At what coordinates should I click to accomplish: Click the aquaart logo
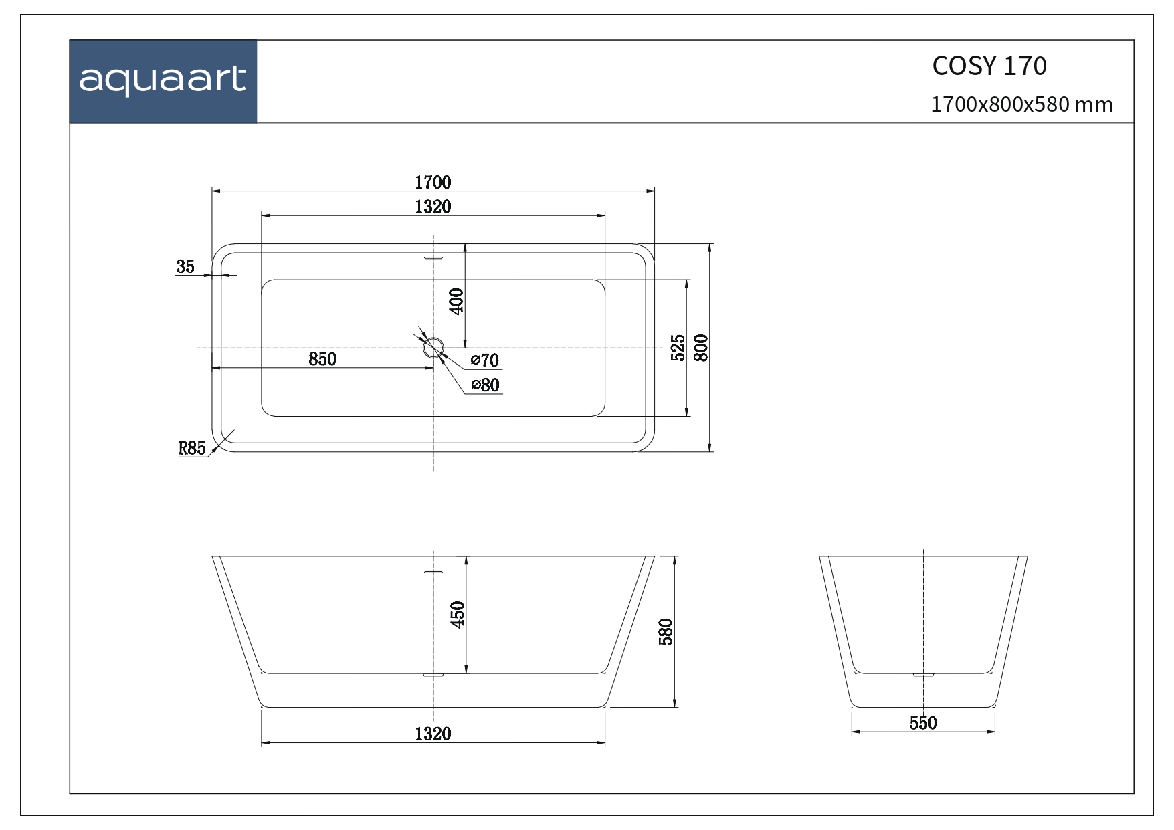[x=163, y=82]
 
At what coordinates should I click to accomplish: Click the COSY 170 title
[x=989, y=66]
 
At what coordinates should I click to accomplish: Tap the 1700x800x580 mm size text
[x=1021, y=105]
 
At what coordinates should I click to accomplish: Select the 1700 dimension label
[x=433, y=182]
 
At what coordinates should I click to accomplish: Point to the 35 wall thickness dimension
[x=185, y=267]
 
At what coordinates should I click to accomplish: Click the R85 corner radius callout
[x=192, y=448]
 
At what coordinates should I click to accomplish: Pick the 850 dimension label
[x=322, y=359]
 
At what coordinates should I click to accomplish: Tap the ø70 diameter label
[x=485, y=360]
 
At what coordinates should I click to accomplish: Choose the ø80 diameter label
[x=486, y=385]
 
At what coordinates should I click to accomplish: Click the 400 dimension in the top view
[x=456, y=302]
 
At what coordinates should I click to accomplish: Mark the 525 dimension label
[x=678, y=348]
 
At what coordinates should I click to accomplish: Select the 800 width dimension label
[x=701, y=348]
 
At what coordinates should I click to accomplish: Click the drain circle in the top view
[x=433, y=348]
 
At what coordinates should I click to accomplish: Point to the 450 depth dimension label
[x=458, y=615]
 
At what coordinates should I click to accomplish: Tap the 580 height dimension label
[x=666, y=631]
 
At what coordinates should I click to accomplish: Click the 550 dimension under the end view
[x=923, y=723]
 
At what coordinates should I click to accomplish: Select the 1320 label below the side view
[x=433, y=734]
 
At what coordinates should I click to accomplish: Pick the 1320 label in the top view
[x=433, y=207]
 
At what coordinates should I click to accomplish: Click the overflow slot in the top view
[x=433, y=257]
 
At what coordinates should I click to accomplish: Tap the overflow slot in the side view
[x=433, y=573]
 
